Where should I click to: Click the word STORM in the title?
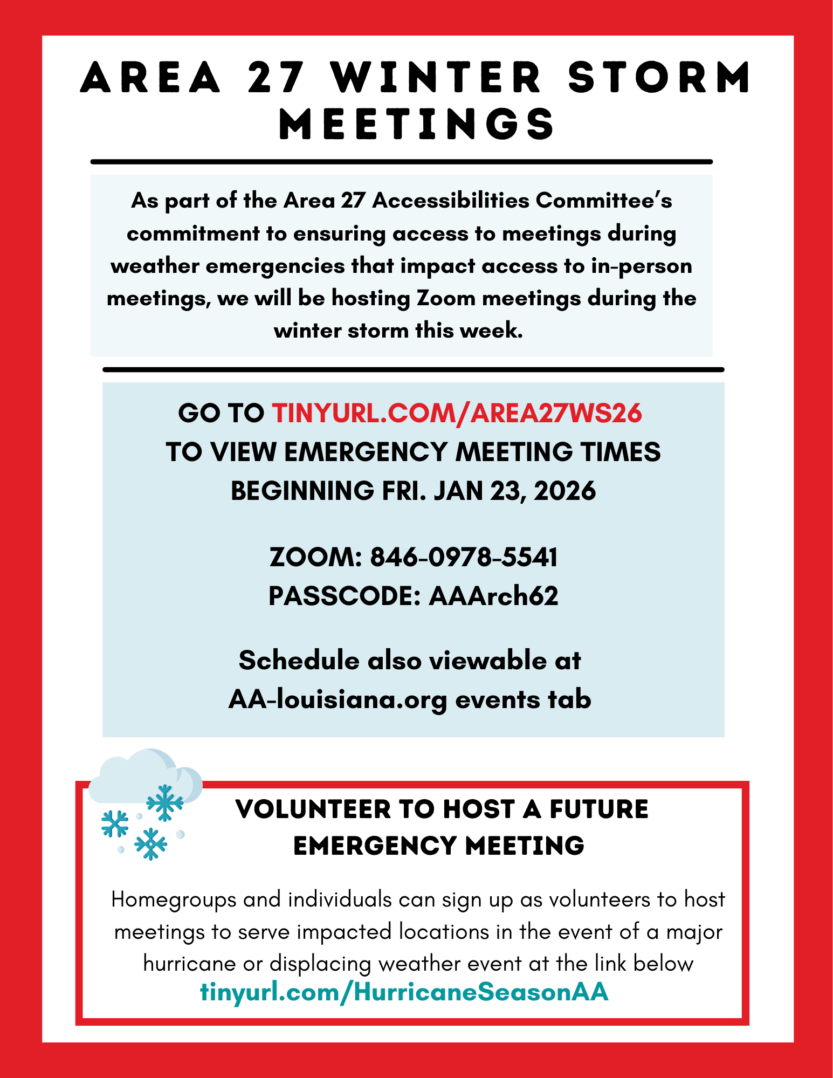(x=659, y=77)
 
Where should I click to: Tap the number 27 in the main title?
(x=276, y=77)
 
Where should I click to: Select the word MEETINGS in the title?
(x=416, y=124)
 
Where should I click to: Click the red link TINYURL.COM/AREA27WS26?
(x=457, y=413)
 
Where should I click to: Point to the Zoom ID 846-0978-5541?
(x=464, y=557)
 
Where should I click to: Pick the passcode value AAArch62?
(x=493, y=596)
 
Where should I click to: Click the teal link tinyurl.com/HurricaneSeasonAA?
(x=404, y=992)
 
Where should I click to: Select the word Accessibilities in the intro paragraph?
(x=451, y=201)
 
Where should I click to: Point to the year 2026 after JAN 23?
(x=564, y=491)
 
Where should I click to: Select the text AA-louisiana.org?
(x=338, y=699)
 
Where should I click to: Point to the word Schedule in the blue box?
(x=299, y=661)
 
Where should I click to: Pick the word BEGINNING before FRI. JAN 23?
(x=302, y=491)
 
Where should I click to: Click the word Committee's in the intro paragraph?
(x=604, y=201)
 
